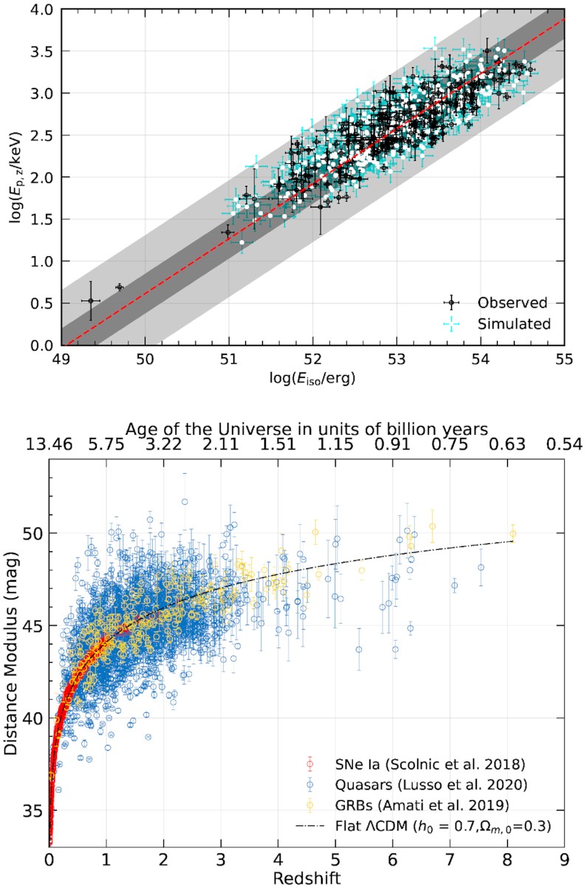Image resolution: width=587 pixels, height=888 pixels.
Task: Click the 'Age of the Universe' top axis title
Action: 307,429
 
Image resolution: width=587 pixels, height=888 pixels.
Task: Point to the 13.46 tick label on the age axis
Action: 49,444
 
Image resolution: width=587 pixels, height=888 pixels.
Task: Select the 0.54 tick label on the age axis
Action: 564,444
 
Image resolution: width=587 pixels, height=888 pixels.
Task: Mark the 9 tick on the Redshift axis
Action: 564,858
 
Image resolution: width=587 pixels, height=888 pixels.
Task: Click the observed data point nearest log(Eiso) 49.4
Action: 91,300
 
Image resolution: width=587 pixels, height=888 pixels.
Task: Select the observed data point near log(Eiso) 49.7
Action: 119,286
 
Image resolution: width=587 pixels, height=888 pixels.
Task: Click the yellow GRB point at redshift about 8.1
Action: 512,534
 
